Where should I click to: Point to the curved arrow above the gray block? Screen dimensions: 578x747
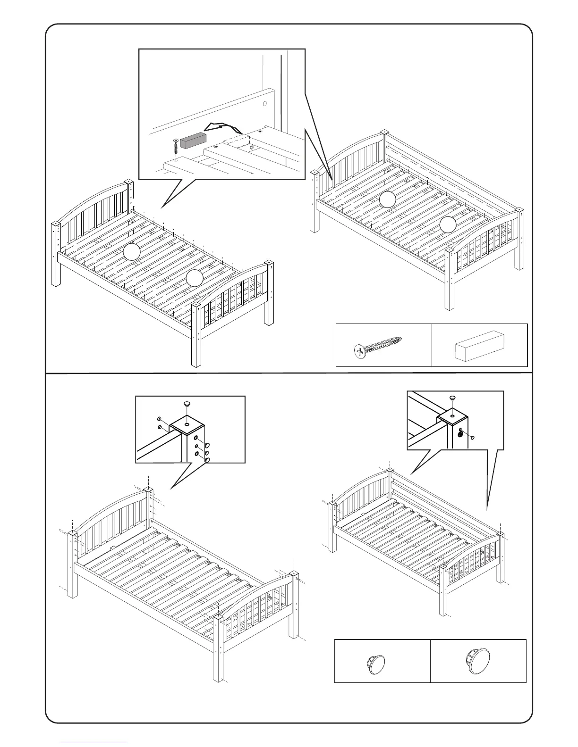click(x=222, y=126)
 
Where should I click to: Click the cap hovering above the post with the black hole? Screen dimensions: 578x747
click(x=452, y=399)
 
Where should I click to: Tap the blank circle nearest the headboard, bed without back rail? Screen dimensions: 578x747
click(x=132, y=253)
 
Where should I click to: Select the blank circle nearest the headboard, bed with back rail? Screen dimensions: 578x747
click(x=387, y=199)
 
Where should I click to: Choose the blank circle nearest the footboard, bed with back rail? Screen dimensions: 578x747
click(x=448, y=224)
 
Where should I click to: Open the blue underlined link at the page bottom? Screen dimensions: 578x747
click(x=93, y=743)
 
